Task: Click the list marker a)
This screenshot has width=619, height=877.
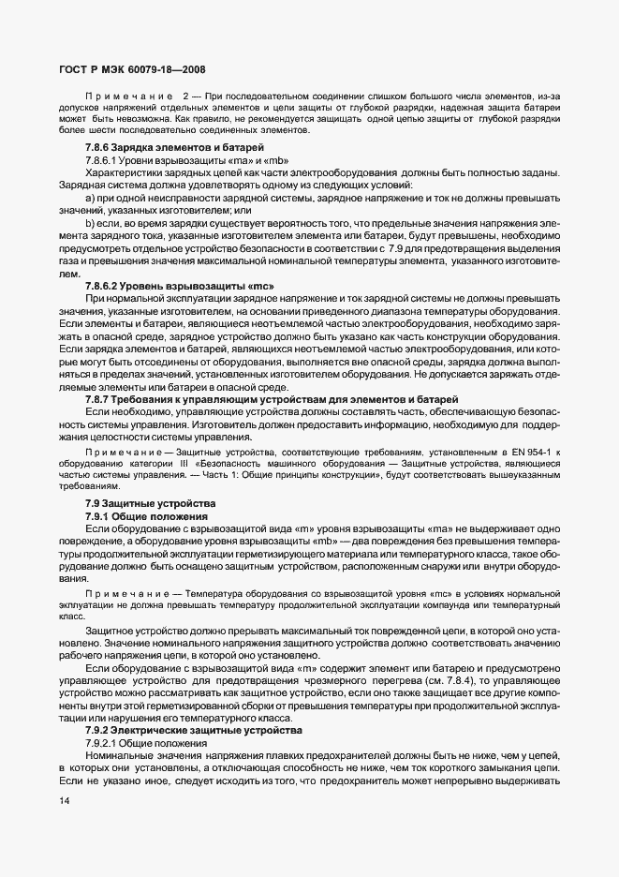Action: click(x=91, y=197)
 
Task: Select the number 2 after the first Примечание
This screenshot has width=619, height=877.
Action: click(x=185, y=96)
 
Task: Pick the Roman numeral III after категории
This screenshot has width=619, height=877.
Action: click(x=184, y=464)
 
